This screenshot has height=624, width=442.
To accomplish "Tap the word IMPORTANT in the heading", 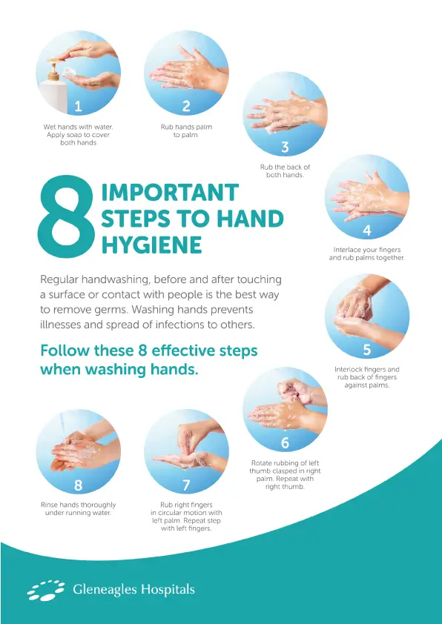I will pyautogui.click(x=170, y=193).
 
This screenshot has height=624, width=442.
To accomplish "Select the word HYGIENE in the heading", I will pyautogui.click(x=151, y=245).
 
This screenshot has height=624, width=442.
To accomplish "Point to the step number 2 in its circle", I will pyautogui.click(x=186, y=107).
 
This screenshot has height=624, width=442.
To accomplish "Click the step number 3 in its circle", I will pyautogui.click(x=285, y=147).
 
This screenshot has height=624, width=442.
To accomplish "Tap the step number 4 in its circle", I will pyautogui.click(x=366, y=230).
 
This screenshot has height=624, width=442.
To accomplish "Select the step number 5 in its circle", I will pyautogui.click(x=366, y=349).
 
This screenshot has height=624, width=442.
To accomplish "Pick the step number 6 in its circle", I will pyautogui.click(x=285, y=443).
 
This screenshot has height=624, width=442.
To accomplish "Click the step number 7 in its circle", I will pyautogui.click(x=186, y=485).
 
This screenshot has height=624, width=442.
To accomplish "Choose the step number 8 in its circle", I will pyautogui.click(x=78, y=485).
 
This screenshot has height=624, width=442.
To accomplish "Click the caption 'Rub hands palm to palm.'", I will pyautogui.click(x=186, y=131).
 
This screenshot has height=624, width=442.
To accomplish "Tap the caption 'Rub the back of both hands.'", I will pyautogui.click(x=285, y=171).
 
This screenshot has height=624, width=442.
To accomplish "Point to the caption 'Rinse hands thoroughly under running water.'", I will pyautogui.click(x=78, y=508).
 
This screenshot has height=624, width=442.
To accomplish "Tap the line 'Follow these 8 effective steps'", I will pyautogui.click(x=149, y=351).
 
